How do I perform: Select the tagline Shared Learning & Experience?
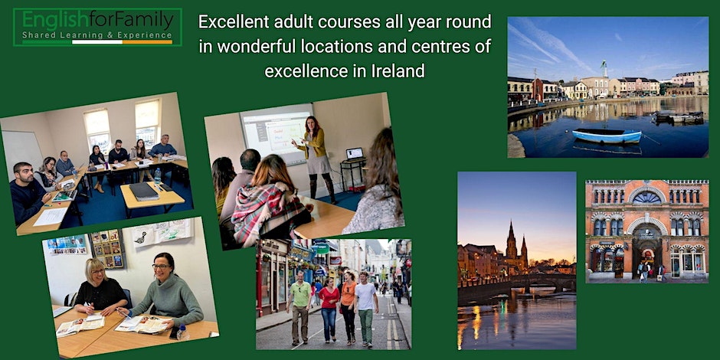pos(97,35)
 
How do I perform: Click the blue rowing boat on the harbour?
pos(607,136)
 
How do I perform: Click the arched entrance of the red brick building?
pos(646,250)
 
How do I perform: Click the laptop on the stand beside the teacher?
pos(354,153)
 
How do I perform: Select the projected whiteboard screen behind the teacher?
pos(277,133)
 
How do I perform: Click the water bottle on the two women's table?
pos(182,332)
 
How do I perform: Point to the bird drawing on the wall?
pos(142,237)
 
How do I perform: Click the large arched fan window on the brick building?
pos(646,198)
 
